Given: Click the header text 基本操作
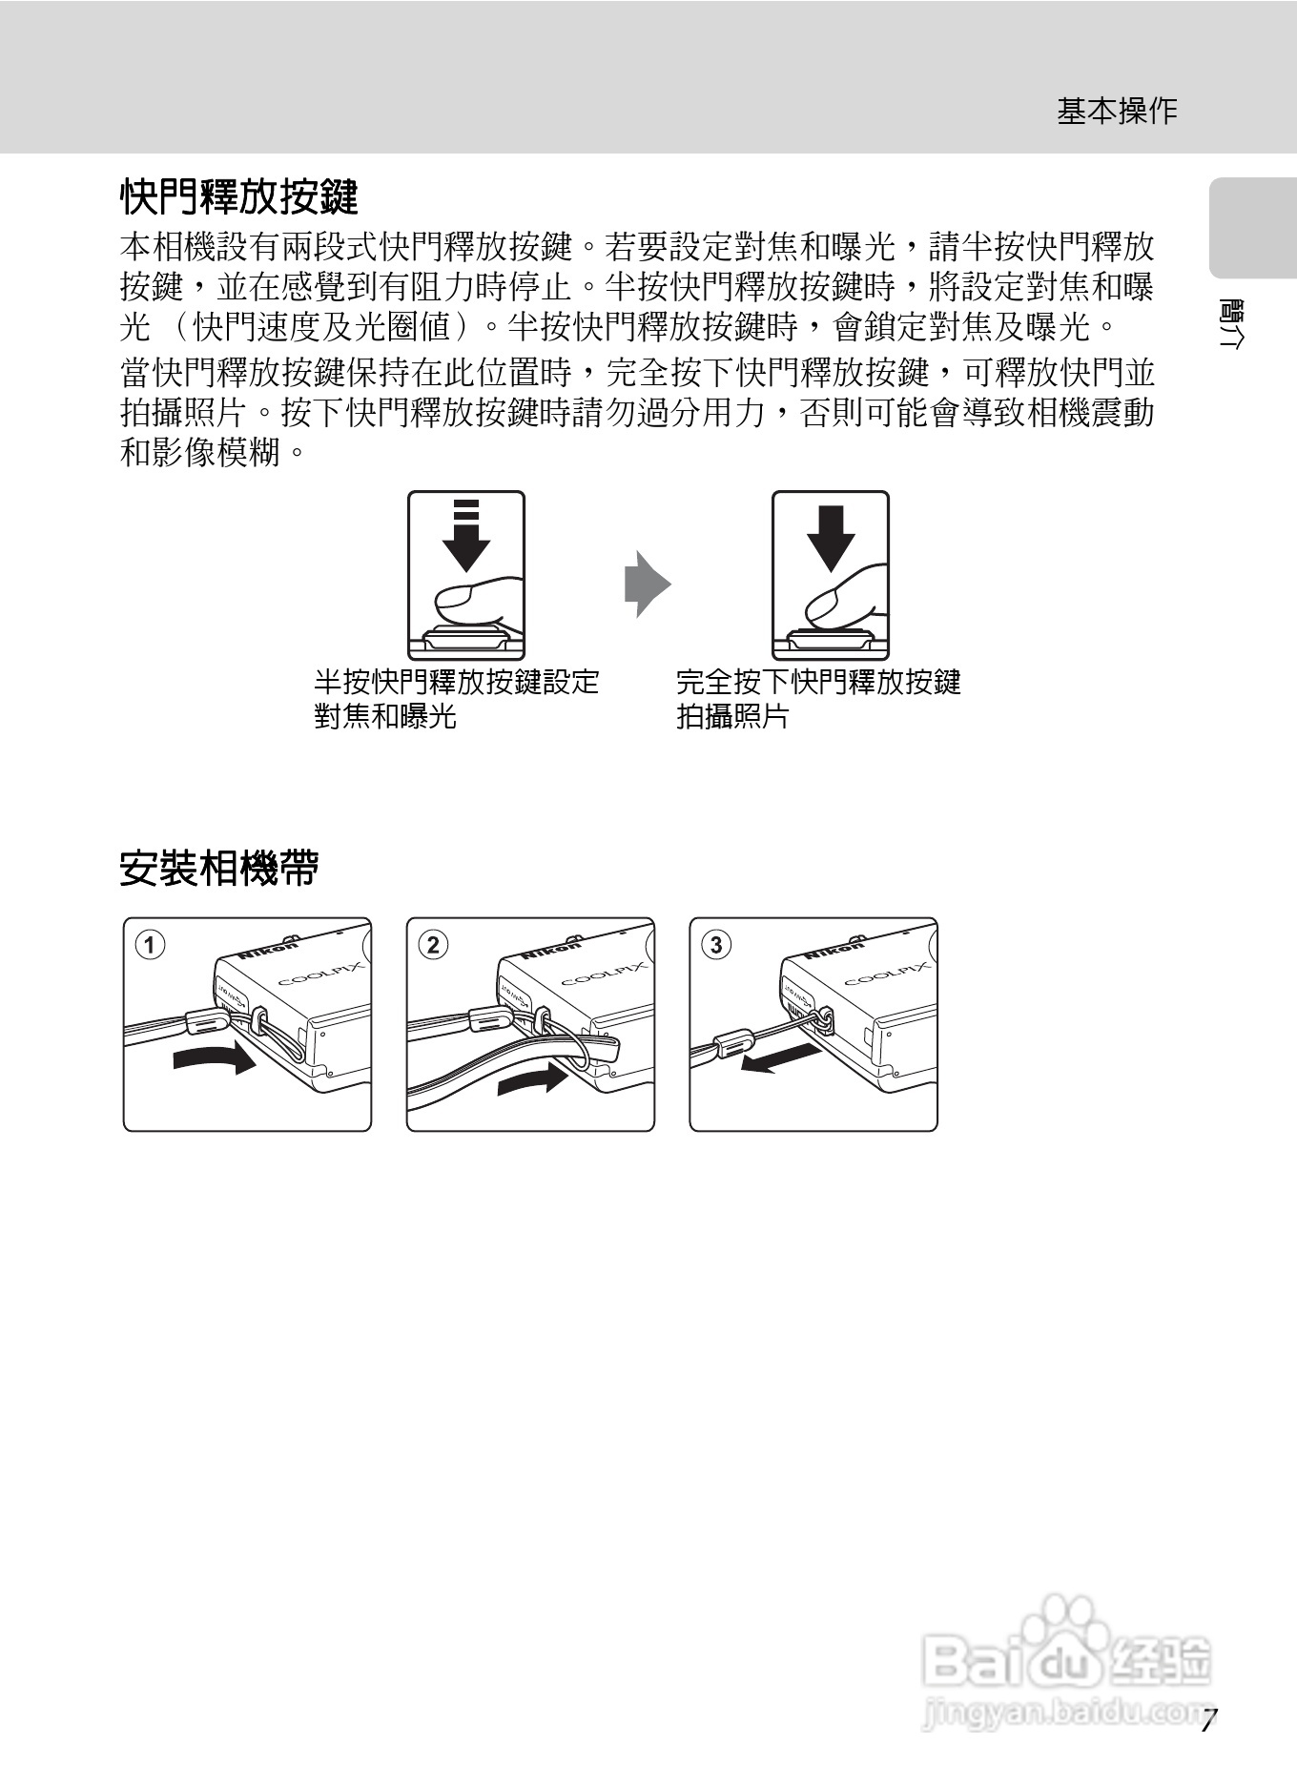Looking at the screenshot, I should tap(1117, 112).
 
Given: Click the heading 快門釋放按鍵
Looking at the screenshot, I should tap(238, 197).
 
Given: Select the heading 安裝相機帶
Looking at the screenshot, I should tap(218, 869).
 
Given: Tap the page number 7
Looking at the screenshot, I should tap(1208, 1721).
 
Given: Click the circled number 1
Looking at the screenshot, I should tap(150, 945).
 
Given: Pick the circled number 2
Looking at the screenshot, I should tap(433, 945).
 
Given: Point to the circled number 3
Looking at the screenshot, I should tap(716, 945).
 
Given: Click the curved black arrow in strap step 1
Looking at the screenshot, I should tap(216, 1057).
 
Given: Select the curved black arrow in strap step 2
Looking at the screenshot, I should tap(533, 1078).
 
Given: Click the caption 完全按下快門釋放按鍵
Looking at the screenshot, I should tap(818, 682).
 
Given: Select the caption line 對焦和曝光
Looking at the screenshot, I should tap(385, 716).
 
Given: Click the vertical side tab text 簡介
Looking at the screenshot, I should tap(1231, 324).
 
